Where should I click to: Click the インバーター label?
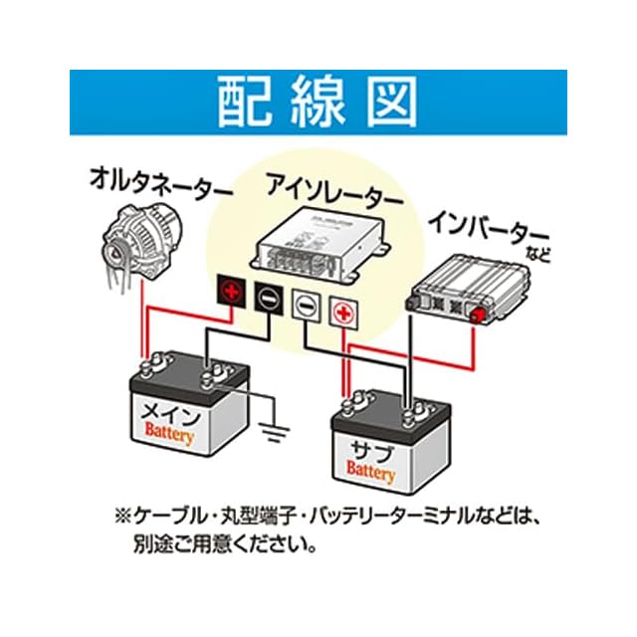click(x=480, y=226)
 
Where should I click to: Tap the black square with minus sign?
click(x=267, y=296)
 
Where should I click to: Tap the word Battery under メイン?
click(x=169, y=434)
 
